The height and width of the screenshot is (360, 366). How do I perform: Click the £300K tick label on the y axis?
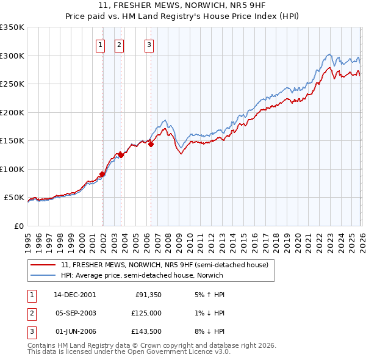pyautogui.click(x=12, y=56)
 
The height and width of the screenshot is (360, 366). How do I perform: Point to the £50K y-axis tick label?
pyautogui.click(x=14, y=198)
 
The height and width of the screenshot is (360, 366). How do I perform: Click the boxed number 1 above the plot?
pyautogui.click(x=100, y=44)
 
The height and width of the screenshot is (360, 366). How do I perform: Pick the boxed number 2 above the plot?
pyautogui.click(x=119, y=44)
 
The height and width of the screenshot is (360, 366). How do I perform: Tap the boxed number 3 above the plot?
pyautogui.click(x=149, y=44)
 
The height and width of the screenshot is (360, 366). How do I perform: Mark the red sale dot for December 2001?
pyautogui.click(x=102, y=174)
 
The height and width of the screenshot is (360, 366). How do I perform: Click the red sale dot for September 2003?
pyautogui.click(x=121, y=155)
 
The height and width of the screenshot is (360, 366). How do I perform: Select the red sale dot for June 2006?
pyautogui.click(x=151, y=145)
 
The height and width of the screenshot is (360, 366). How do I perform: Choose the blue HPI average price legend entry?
pyautogui.click(x=142, y=276)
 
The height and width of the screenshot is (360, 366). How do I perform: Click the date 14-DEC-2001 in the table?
pyautogui.click(x=75, y=295)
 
